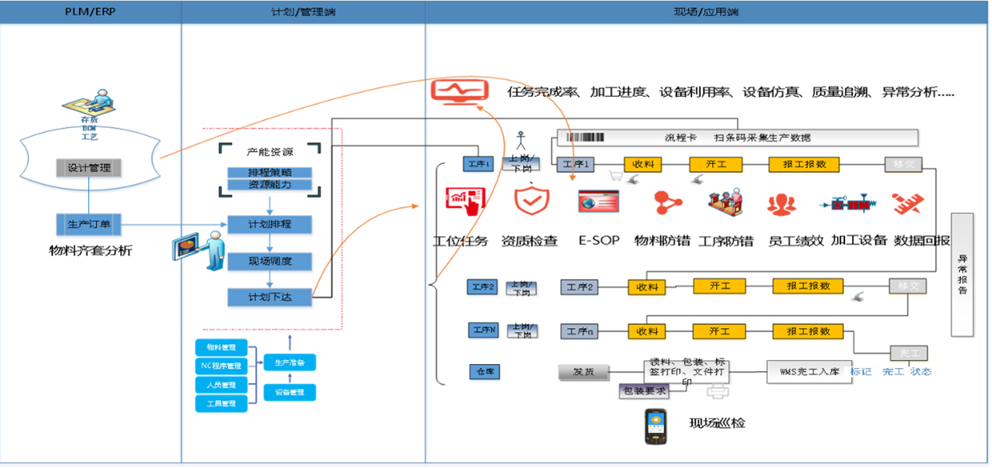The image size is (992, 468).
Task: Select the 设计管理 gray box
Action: tap(88, 167)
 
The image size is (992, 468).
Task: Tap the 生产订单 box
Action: tap(88, 225)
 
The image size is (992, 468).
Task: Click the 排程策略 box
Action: tap(270, 173)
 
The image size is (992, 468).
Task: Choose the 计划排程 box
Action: tap(270, 225)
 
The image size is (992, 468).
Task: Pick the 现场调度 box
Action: tap(270, 261)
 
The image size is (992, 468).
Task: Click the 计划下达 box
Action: tap(270, 297)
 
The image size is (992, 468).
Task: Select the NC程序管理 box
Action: tap(221, 366)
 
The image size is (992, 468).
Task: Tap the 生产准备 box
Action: tap(289, 363)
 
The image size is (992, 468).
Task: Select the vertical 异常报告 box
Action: tap(962, 274)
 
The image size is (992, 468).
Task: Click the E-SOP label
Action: tap(599, 241)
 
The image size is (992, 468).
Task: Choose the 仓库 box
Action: tap(485, 372)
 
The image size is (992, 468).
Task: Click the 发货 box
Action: tap(584, 372)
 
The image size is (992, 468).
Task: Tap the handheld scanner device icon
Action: tap(655, 427)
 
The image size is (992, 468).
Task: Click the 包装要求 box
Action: tap(643, 391)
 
